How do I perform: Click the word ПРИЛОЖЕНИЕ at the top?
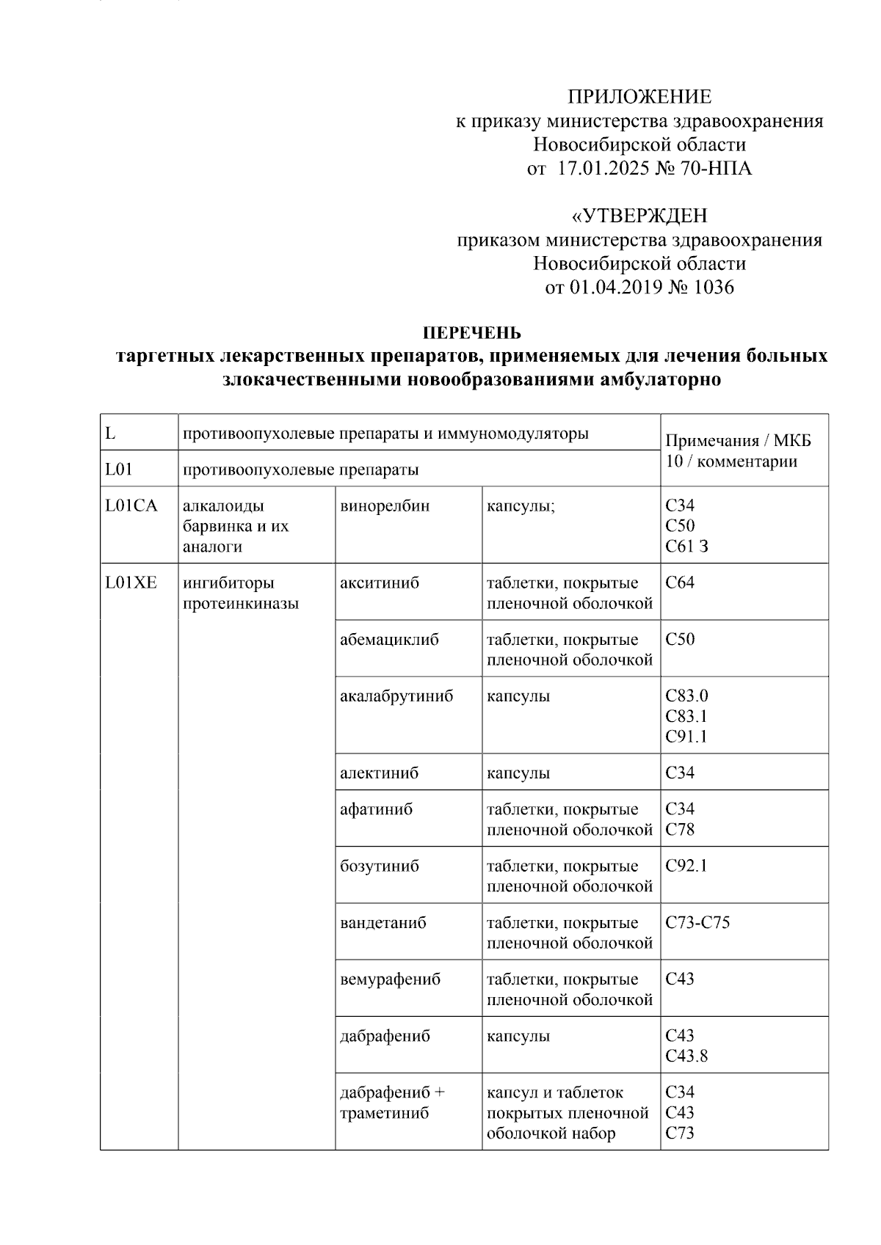[639, 97]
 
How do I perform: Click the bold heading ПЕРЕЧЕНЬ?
[472, 333]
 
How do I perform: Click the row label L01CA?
[131, 506]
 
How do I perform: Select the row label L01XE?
[131, 583]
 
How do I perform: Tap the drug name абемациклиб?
[389, 640]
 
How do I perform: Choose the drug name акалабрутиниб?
[396, 696]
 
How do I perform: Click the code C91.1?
[686, 737]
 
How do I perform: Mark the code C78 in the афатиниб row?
[679, 830]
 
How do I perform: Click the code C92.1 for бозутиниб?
[686, 866]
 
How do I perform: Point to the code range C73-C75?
[697, 922]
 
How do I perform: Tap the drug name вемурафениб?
[390, 979]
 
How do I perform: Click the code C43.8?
[686, 1056]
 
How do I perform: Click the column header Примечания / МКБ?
[737, 441]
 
